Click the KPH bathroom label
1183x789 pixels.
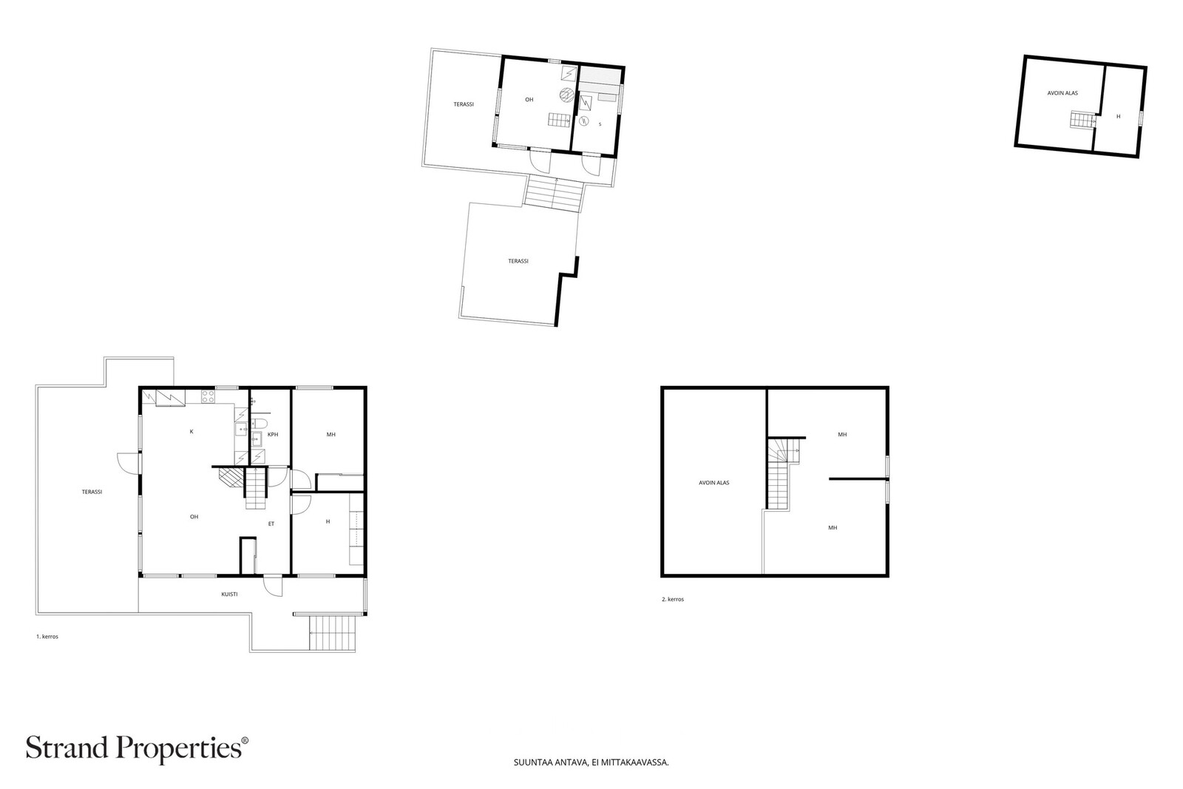click(273, 435)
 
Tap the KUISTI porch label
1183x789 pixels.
click(229, 594)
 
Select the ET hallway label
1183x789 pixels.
click(271, 524)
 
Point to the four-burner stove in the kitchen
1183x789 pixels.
click(208, 396)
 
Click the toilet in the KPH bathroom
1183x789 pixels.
click(258, 423)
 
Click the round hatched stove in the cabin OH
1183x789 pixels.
click(566, 95)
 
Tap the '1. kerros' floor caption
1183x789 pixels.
click(47, 637)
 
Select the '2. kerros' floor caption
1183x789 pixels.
click(673, 600)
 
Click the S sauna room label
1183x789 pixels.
click(600, 125)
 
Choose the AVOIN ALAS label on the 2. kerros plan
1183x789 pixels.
click(714, 483)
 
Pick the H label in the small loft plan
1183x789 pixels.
click(1118, 117)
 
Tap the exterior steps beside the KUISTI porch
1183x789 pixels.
click(331, 633)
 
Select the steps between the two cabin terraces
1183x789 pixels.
click(554, 193)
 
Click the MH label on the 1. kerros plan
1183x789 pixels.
click(331, 435)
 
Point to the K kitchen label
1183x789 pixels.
click(191, 431)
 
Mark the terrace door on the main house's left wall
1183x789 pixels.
click(129, 463)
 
